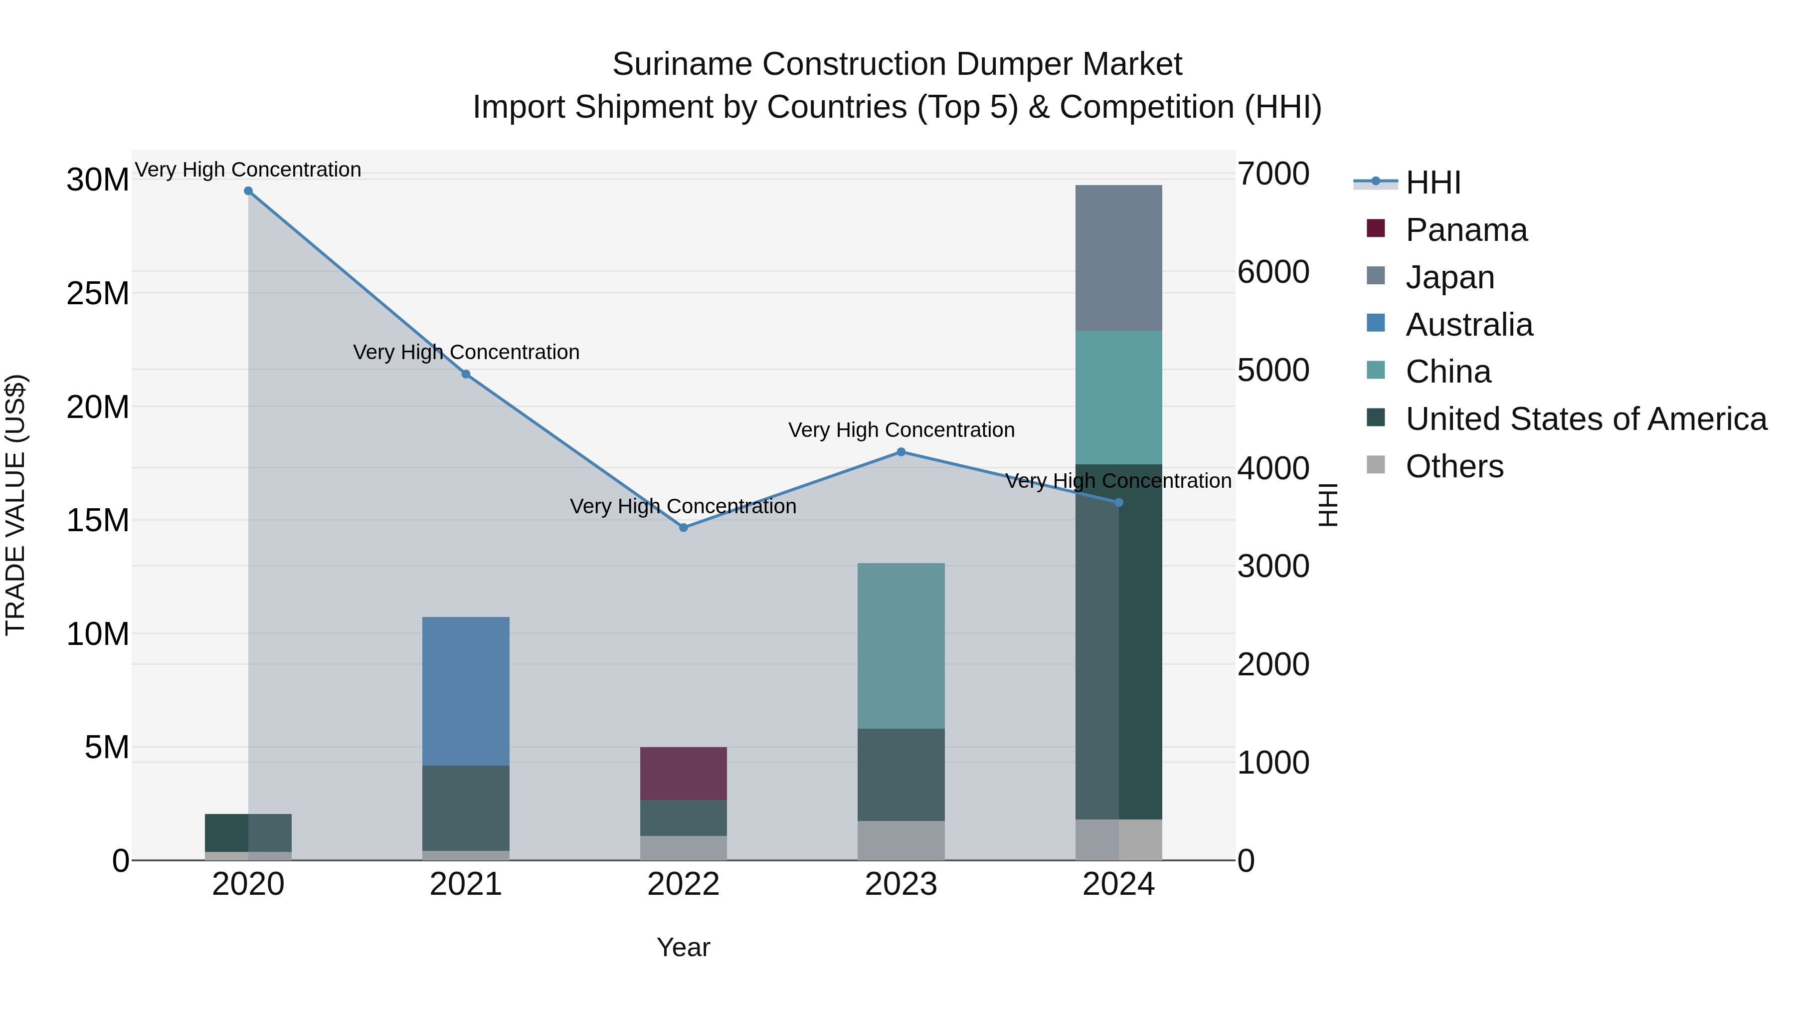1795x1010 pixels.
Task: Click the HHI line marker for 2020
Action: [x=248, y=191]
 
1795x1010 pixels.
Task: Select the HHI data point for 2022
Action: [x=684, y=528]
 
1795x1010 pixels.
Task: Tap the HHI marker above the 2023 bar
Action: [x=901, y=452]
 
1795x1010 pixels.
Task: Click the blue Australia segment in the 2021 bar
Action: [x=466, y=690]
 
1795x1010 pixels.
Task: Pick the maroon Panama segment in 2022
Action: [x=684, y=773]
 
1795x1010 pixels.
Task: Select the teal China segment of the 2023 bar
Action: [x=901, y=645]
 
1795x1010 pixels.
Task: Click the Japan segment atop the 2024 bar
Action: [x=1118, y=257]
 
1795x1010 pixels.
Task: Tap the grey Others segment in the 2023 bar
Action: [x=901, y=840]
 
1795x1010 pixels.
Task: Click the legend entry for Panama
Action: [x=1466, y=230]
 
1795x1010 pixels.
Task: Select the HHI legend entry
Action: [x=1433, y=183]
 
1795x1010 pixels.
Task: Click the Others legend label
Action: [x=1454, y=466]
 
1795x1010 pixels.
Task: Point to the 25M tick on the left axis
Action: [x=98, y=293]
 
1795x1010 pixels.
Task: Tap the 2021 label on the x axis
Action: [x=466, y=884]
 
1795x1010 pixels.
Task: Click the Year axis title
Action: [x=683, y=947]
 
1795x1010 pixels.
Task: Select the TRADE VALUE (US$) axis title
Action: [x=15, y=505]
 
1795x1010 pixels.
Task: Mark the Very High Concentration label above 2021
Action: [x=466, y=352]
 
